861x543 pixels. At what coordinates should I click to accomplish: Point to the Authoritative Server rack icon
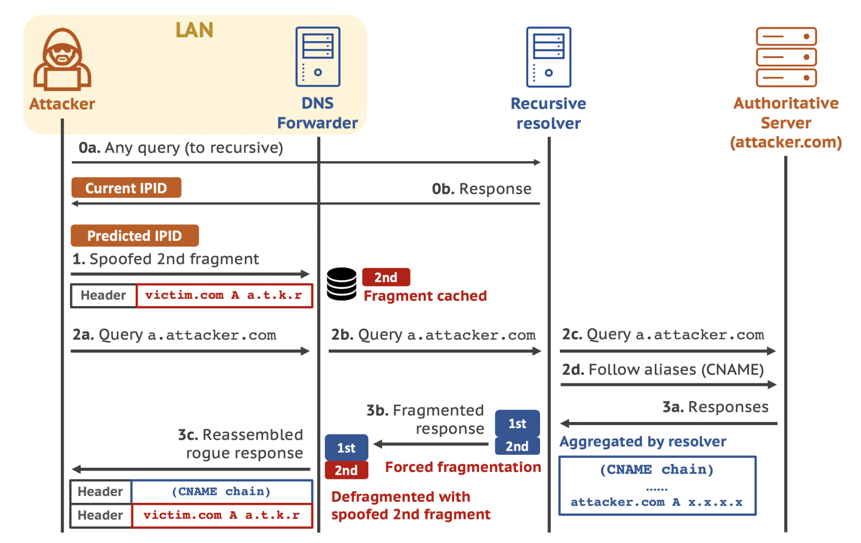[786, 57]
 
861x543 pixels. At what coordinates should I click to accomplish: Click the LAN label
[194, 30]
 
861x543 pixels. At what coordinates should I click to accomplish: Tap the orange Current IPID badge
[126, 188]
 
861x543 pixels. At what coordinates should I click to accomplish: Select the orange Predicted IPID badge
[135, 236]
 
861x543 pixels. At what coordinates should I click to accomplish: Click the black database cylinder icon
[342, 284]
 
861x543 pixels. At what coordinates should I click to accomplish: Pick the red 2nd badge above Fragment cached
[386, 277]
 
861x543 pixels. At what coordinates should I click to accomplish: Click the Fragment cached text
[425, 296]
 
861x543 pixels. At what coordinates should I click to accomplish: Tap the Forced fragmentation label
[463, 467]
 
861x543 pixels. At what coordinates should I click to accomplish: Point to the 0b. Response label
[481, 189]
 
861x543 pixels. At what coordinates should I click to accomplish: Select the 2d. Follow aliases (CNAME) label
[663, 370]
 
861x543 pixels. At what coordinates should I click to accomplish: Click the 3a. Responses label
[715, 407]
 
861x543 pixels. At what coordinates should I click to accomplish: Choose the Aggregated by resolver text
[643, 442]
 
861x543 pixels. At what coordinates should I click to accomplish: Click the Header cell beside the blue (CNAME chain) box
[100, 491]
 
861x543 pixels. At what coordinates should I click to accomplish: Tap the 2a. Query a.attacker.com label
[174, 335]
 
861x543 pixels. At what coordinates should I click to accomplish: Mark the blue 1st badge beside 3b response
[517, 424]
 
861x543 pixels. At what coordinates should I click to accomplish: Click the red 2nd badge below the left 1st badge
[346, 470]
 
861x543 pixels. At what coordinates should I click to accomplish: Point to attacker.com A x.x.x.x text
[656, 502]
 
